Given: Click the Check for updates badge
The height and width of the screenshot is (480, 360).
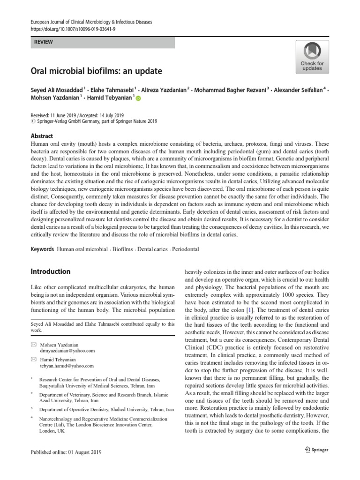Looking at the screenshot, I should click(x=312, y=57).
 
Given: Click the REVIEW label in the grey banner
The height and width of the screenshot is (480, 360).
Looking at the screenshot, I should click(x=44, y=42).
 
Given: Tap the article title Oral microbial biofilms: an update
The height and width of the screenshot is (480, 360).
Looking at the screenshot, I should click(x=96, y=71).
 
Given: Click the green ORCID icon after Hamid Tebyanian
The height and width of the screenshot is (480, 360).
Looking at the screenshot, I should click(x=138, y=98).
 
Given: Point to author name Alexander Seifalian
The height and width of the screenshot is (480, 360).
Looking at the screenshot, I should click(x=298, y=90).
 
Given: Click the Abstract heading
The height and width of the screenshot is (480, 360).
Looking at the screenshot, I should click(x=42, y=136).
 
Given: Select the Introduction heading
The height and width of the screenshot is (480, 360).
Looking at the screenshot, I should click(x=50, y=271).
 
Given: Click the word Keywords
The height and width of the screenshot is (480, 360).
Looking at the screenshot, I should click(x=42, y=249).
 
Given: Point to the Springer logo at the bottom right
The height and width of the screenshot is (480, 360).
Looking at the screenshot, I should click(x=314, y=450).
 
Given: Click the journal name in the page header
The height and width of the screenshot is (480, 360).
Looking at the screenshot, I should click(x=91, y=22).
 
